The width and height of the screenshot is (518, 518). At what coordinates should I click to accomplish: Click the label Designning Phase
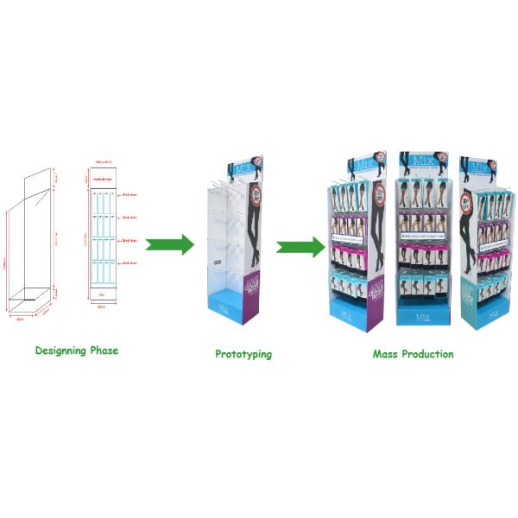[x=77, y=351]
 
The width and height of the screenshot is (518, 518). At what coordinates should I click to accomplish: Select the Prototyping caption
[x=243, y=354]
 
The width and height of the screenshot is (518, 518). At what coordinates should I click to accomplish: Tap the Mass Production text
[x=413, y=354]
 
